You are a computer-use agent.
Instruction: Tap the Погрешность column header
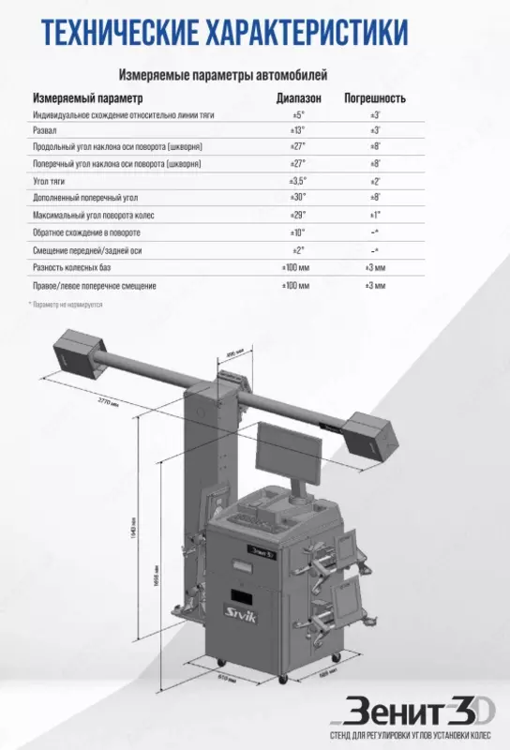[x=375, y=97]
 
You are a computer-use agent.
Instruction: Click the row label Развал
[x=45, y=130]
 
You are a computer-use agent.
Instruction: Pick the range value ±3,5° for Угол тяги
[x=299, y=181]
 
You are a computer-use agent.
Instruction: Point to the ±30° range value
[x=299, y=198]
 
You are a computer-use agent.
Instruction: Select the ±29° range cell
[x=299, y=215]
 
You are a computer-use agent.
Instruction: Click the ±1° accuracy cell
[x=374, y=215]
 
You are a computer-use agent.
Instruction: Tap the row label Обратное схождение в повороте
[x=86, y=232]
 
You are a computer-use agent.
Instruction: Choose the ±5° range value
[x=299, y=113]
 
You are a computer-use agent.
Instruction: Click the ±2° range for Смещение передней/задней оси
[x=299, y=249]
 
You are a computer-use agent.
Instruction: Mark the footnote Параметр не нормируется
[x=67, y=305]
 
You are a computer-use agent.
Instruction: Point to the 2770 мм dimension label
[x=109, y=401]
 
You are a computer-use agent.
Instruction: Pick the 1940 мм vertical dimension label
[x=134, y=533]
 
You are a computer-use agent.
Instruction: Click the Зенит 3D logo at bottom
[x=418, y=711]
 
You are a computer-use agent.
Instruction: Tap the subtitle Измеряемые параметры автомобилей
[x=221, y=74]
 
